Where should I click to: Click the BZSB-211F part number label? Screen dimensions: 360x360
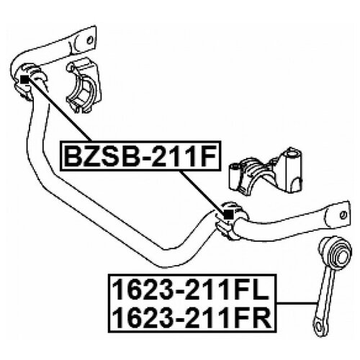[140, 156]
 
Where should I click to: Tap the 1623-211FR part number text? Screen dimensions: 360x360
[192, 318]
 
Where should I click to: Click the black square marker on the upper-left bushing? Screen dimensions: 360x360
[24, 78]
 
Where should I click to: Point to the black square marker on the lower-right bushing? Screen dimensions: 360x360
[228, 214]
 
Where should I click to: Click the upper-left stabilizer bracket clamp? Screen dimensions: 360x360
[84, 86]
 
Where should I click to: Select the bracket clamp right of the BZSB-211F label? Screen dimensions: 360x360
[266, 171]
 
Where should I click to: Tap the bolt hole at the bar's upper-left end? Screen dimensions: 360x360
[90, 40]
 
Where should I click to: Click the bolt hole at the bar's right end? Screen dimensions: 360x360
[343, 215]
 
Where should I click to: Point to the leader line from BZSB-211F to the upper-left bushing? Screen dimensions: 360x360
[59, 110]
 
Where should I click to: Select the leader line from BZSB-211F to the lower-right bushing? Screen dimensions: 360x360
[202, 192]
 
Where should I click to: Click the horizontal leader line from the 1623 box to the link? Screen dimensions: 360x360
[297, 303]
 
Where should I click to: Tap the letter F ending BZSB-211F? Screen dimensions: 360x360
[209, 156]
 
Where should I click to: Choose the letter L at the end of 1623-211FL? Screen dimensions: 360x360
[261, 290]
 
